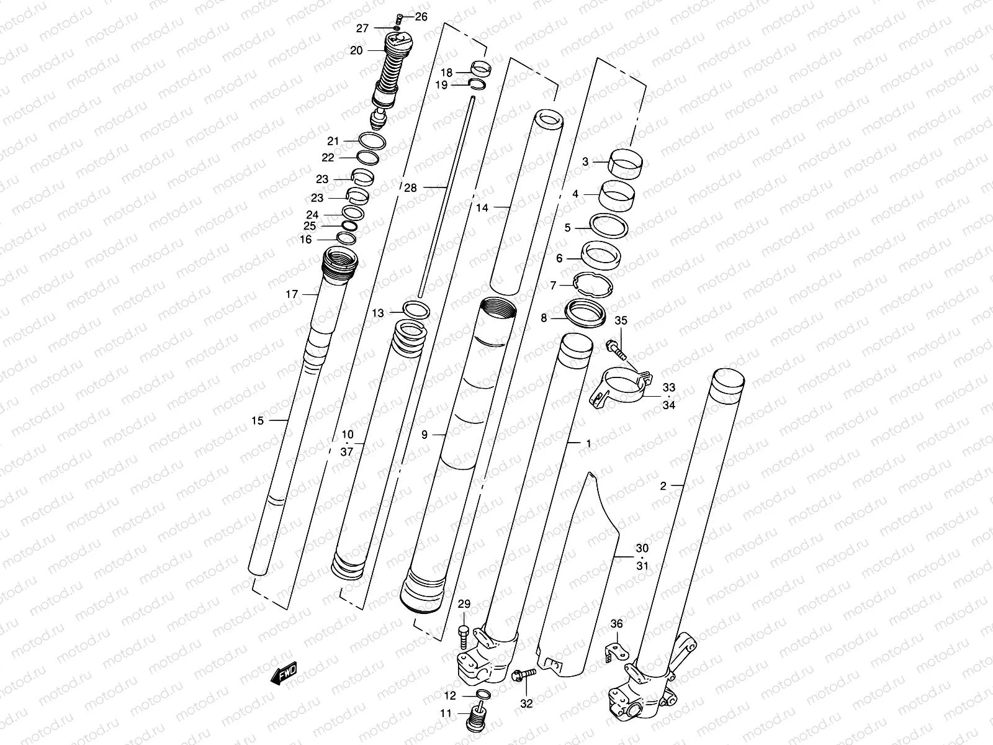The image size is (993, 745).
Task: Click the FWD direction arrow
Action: pyautogui.click(x=284, y=674)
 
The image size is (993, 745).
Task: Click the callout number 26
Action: pyautogui.click(x=421, y=17)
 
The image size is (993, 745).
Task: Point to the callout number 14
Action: pyautogui.click(x=482, y=208)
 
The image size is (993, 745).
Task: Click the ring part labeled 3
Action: pyautogui.click(x=626, y=164)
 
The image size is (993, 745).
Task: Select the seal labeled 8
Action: pyautogui.click(x=586, y=314)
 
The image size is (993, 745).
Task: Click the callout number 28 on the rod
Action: pyautogui.click(x=410, y=187)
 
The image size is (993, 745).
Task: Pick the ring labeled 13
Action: pyautogui.click(x=415, y=310)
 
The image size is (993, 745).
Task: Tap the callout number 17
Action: pyautogui.click(x=292, y=294)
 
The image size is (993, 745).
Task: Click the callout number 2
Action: pyautogui.click(x=663, y=486)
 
